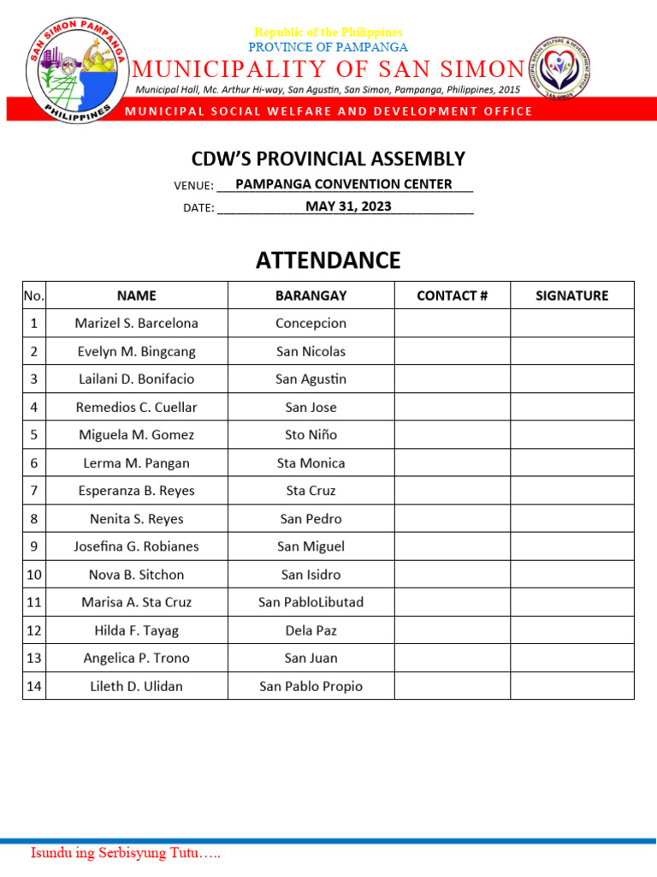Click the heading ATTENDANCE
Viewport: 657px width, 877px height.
point(328,260)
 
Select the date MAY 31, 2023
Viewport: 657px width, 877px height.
point(348,206)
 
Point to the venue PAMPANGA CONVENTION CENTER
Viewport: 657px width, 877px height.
point(343,184)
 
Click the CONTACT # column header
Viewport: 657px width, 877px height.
point(452,295)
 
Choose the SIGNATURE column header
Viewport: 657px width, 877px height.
point(571,295)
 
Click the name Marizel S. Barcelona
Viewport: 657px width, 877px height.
point(136,324)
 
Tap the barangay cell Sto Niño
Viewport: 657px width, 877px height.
point(311,435)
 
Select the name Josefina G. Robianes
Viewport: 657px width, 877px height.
point(136,546)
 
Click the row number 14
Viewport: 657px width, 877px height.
point(34,686)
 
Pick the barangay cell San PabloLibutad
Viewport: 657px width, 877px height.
point(311,602)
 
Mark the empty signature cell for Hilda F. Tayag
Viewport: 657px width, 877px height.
point(571,630)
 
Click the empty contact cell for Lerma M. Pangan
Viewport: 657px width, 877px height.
point(452,463)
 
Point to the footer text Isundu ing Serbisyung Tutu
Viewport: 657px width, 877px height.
point(126,854)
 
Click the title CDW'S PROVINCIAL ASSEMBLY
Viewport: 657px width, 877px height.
point(328,158)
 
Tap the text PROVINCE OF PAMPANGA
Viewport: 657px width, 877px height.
point(328,47)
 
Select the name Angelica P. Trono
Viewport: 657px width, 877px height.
point(136,658)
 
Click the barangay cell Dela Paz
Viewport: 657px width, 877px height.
point(311,630)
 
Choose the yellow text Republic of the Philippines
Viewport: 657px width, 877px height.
point(328,33)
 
